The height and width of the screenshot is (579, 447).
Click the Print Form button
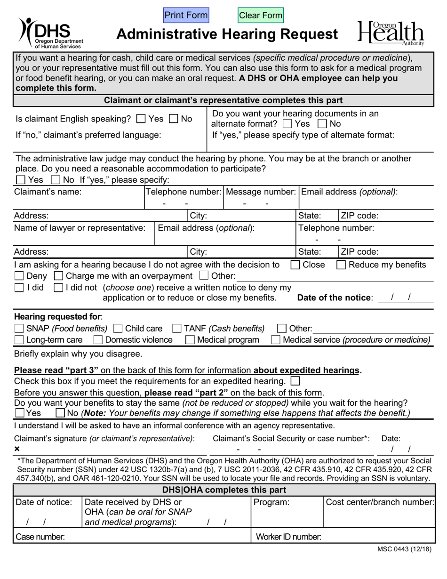[186, 16]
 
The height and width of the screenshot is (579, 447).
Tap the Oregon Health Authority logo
[391, 33]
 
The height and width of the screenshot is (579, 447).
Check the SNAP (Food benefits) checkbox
[20, 329]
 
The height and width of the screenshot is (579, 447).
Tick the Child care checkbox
[119, 329]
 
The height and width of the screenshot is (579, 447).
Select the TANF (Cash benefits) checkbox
[177, 329]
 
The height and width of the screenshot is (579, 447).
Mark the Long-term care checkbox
[20, 340]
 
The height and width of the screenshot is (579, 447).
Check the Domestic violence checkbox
[98, 340]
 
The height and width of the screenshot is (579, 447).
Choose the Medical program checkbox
[191, 340]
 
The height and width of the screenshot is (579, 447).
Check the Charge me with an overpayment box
[59, 276]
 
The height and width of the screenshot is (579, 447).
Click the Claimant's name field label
[48, 192]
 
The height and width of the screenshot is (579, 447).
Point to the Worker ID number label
[288, 536]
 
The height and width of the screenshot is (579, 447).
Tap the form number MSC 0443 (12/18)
[404, 549]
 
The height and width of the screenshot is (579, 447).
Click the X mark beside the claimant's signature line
[17, 449]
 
